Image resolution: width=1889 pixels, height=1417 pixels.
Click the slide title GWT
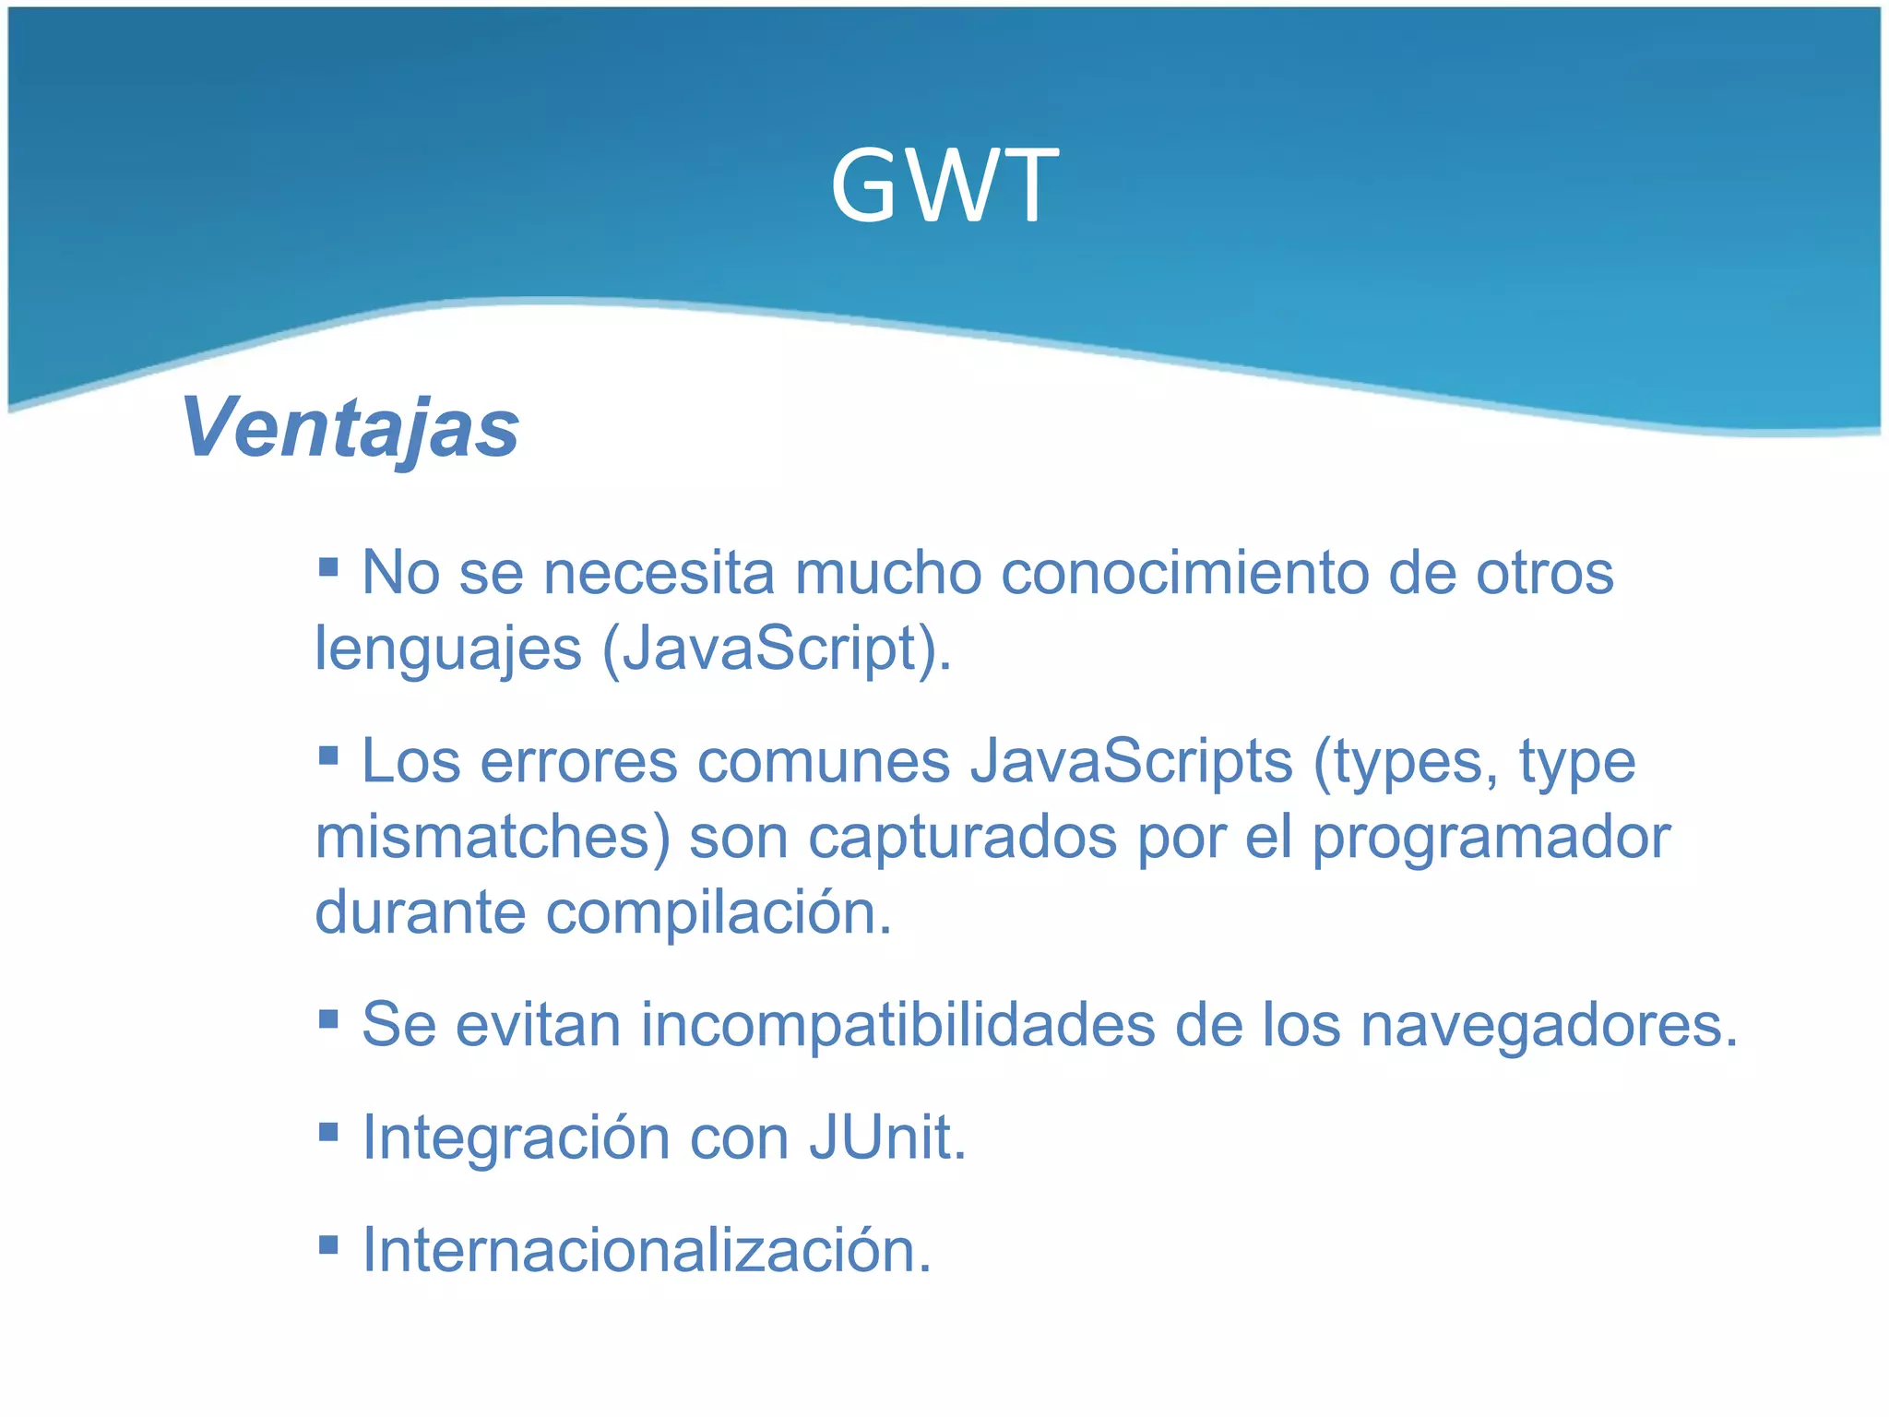click(x=944, y=186)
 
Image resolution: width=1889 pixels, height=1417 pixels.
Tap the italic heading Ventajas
click(x=350, y=428)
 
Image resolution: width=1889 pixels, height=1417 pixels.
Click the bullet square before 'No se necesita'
click(x=328, y=566)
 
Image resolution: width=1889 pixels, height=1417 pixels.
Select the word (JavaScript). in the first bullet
click(x=777, y=649)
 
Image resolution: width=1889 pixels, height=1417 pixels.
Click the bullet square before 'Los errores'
click(x=328, y=756)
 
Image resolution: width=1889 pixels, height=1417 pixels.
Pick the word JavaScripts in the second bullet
click(x=1131, y=762)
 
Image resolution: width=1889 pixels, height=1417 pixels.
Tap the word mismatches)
click(x=493, y=838)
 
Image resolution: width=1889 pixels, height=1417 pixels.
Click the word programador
click(x=1491, y=838)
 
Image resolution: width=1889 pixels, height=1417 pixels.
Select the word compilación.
click(x=719, y=913)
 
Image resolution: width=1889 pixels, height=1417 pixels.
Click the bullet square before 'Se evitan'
click(x=328, y=1018)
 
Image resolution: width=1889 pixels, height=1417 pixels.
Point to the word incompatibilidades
click(x=897, y=1025)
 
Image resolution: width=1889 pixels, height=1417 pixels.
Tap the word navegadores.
click(x=1549, y=1025)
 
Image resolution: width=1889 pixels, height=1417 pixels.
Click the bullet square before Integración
click(x=328, y=1131)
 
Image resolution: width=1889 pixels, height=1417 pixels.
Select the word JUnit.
click(x=887, y=1137)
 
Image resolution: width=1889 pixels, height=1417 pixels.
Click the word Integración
click(x=516, y=1137)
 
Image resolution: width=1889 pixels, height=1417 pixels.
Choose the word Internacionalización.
click(x=647, y=1250)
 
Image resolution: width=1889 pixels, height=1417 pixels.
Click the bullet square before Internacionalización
click(x=328, y=1245)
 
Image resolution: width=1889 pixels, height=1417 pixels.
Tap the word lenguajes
click(x=448, y=649)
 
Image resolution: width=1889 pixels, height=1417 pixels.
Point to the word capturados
click(x=962, y=838)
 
